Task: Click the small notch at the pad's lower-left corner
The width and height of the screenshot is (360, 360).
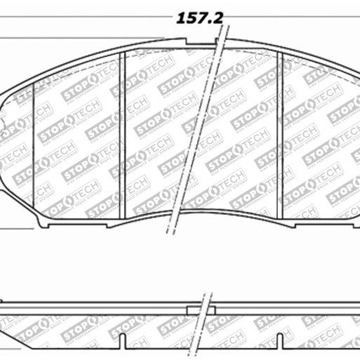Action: pos(47,224)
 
